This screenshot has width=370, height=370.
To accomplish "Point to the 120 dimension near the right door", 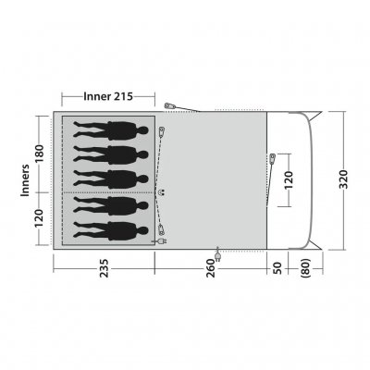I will coord(290,181).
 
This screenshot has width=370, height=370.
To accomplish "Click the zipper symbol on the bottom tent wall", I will coord(218,252).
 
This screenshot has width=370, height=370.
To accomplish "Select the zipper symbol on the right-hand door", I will coord(274,158).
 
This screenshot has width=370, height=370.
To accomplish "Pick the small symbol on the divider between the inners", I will coord(162,191).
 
